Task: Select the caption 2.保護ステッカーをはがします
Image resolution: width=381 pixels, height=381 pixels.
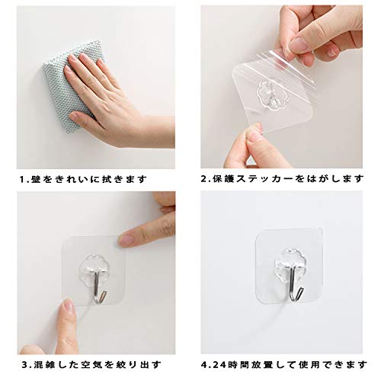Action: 282,179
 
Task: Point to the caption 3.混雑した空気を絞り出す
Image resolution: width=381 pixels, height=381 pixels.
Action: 91,365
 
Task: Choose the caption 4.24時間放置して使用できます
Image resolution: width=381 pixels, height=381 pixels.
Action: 284,365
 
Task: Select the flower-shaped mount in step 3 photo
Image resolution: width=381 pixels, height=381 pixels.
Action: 93,264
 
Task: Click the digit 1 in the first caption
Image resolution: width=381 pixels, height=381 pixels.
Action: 22,180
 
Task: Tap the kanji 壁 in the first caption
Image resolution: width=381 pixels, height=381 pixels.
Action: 34,180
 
